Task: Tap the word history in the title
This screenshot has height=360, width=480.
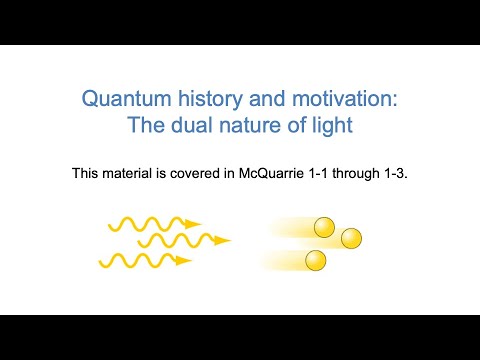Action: coord(199,100)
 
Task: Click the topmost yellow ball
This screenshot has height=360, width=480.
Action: coord(324,228)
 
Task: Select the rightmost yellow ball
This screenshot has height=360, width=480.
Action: coord(351,238)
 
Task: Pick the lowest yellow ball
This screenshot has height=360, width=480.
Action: coord(316,261)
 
